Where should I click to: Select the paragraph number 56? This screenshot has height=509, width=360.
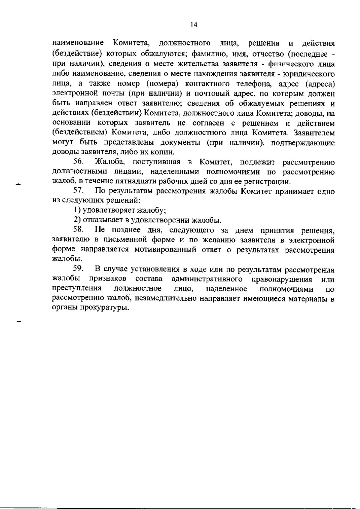point(78,162)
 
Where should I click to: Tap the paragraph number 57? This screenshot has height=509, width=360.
point(78,191)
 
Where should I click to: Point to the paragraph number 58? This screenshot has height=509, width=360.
point(78,230)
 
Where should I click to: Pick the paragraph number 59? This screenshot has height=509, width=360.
point(78,269)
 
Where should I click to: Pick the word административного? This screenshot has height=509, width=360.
point(207,279)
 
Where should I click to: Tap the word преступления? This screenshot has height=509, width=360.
point(76,289)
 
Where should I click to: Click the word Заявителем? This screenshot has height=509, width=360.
point(314,132)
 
